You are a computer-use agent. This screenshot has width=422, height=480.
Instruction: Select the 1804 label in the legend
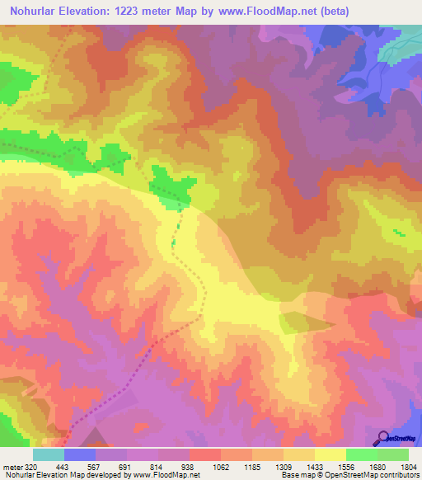408,467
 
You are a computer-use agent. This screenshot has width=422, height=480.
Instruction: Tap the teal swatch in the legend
49,454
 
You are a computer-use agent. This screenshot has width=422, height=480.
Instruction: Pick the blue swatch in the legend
80,454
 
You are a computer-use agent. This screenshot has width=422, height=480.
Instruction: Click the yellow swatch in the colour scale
331,454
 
